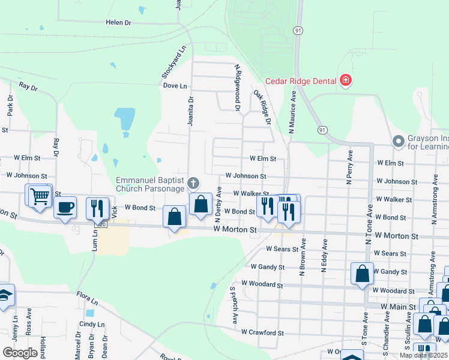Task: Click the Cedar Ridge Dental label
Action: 295,80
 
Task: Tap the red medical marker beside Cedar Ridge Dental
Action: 345,80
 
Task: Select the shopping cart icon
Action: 40,196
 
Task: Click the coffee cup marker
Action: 65,208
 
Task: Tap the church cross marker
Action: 193,182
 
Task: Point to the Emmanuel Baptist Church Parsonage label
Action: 149,184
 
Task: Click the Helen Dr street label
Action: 118,22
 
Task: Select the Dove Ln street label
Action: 175,86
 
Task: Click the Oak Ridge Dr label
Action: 262,107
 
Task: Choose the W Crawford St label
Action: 262,332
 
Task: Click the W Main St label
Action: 399,306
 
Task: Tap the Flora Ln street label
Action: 87,297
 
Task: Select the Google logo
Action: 20,352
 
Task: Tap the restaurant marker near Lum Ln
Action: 95,208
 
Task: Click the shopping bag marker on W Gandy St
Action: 363,274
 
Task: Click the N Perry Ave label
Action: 348,167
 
